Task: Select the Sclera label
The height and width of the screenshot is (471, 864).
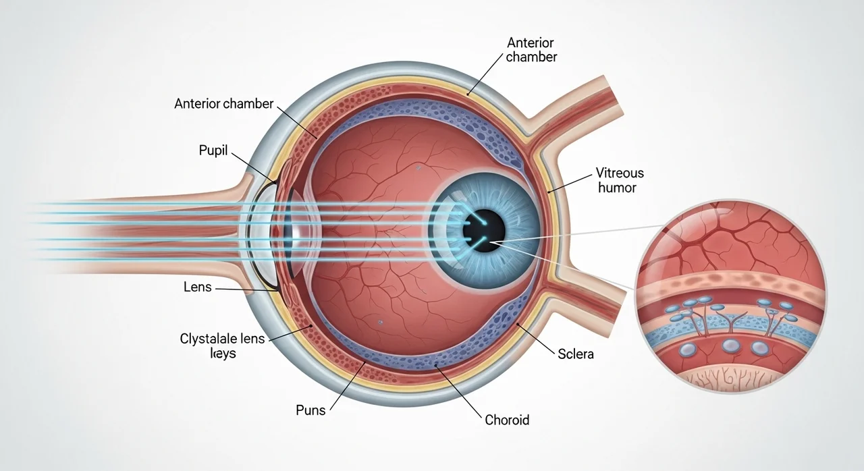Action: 575,353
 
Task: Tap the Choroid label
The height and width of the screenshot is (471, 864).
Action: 507,420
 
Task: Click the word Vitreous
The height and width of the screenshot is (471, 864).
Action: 620,173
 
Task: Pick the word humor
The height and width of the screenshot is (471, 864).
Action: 617,188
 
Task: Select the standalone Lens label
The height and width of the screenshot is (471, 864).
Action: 197,287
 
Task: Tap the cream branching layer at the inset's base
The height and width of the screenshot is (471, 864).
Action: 729,379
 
